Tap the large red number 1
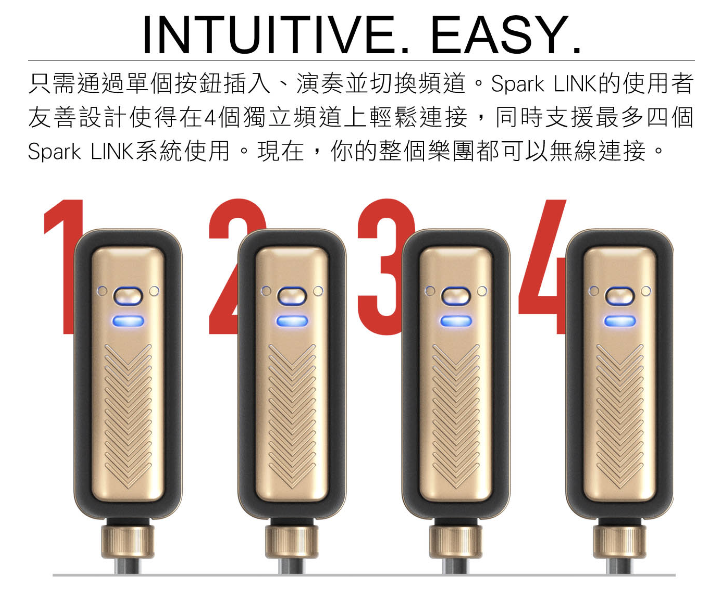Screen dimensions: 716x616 pyautogui.click(x=64, y=267)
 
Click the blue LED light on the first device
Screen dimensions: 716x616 pyautogui.click(x=128, y=321)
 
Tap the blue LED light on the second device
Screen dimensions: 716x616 pyautogui.click(x=292, y=321)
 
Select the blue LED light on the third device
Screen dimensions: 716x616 pyautogui.click(x=456, y=321)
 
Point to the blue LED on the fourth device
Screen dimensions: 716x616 pyautogui.click(x=620, y=321)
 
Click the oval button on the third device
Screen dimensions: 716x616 pyautogui.click(x=456, y=296)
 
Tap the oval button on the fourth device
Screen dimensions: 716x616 pyautogui.click(x=620, y=296)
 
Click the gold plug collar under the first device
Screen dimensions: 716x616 pyautogui.click(x=127, y=542)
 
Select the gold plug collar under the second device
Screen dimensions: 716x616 pyautogui.click(x=291, y=542)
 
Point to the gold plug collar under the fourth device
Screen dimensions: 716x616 pyautogui.click(x=619, y=542)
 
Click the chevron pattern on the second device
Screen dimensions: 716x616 pyautogui.click(x=292, y=416)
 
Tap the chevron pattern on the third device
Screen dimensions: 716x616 pyautogui.click(x=456, y=416)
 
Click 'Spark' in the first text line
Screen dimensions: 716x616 pyautogui.click(x=518, y=85)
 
